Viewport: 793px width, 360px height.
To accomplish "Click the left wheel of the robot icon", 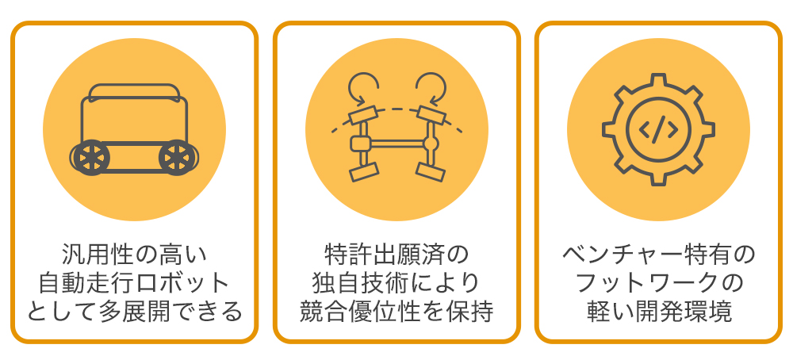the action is click(x=91, y=158).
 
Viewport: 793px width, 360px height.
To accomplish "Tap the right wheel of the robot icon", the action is click(x=177, y=158).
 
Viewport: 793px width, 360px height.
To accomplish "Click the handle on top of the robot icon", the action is click(x=135, y=91).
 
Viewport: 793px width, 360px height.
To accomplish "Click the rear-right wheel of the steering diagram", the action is click(x=430, y=170).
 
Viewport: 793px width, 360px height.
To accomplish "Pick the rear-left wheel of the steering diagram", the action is click(x=364, y=171).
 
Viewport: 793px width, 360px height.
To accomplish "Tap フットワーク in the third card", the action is click(x=651, y=284).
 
